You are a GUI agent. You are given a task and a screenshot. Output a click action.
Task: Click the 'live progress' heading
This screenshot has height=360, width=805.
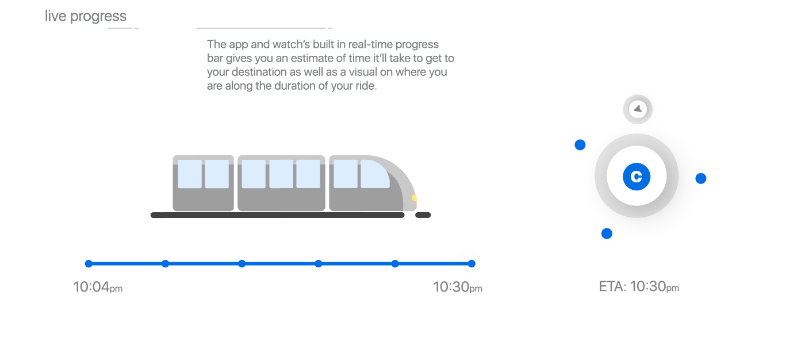[86, 17]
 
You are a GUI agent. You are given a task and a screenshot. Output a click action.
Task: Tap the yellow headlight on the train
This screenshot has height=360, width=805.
[415, 198]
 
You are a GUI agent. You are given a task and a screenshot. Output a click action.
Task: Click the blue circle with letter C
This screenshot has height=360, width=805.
[637, 177]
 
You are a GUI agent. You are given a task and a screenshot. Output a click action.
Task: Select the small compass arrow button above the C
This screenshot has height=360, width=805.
[638, 109]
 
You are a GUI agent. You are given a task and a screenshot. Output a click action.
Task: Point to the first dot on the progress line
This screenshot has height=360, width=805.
[89, 264]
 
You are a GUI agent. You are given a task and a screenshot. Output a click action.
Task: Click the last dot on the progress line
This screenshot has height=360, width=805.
[472, 264]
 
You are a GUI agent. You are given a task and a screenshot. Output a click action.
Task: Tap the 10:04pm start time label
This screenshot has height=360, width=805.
[98, 287]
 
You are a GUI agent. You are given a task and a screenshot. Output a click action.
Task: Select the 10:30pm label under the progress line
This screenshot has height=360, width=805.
[458, 287]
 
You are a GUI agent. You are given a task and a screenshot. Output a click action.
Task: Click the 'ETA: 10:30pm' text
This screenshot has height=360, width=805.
[639, 287]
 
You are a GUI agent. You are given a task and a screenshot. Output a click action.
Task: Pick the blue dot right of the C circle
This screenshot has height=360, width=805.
[701, 178]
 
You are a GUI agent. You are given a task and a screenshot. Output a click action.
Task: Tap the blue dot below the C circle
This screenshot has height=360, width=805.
[607, 233]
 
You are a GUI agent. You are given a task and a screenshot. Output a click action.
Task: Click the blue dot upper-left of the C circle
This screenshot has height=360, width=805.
[580, 145]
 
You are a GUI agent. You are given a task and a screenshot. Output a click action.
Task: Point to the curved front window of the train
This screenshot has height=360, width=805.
[375, 174]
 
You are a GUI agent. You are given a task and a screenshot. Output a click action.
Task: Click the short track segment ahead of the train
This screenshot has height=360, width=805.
[423, 215]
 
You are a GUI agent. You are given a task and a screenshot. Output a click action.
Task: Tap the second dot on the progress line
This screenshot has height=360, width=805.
[166, 264]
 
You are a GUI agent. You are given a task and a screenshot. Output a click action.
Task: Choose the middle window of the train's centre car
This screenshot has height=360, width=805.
[281, 174]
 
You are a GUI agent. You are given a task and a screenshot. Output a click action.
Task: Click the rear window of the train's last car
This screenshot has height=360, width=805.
[190, 174]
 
